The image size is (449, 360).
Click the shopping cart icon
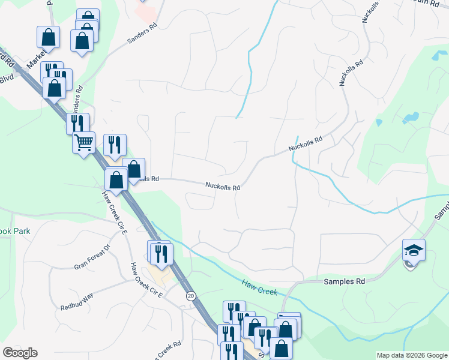(x=83, y=143)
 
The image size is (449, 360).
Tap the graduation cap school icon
(x=414, y=250)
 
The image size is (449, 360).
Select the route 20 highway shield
(x=191, y=296)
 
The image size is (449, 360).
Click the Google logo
(x=20, y=353)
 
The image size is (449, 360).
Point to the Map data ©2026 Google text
(x=412, y=355)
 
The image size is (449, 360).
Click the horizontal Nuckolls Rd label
(x=223, y=187)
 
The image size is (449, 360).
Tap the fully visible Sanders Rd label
(x=141, y=35)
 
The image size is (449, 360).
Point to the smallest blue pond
(x=379, y=123)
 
